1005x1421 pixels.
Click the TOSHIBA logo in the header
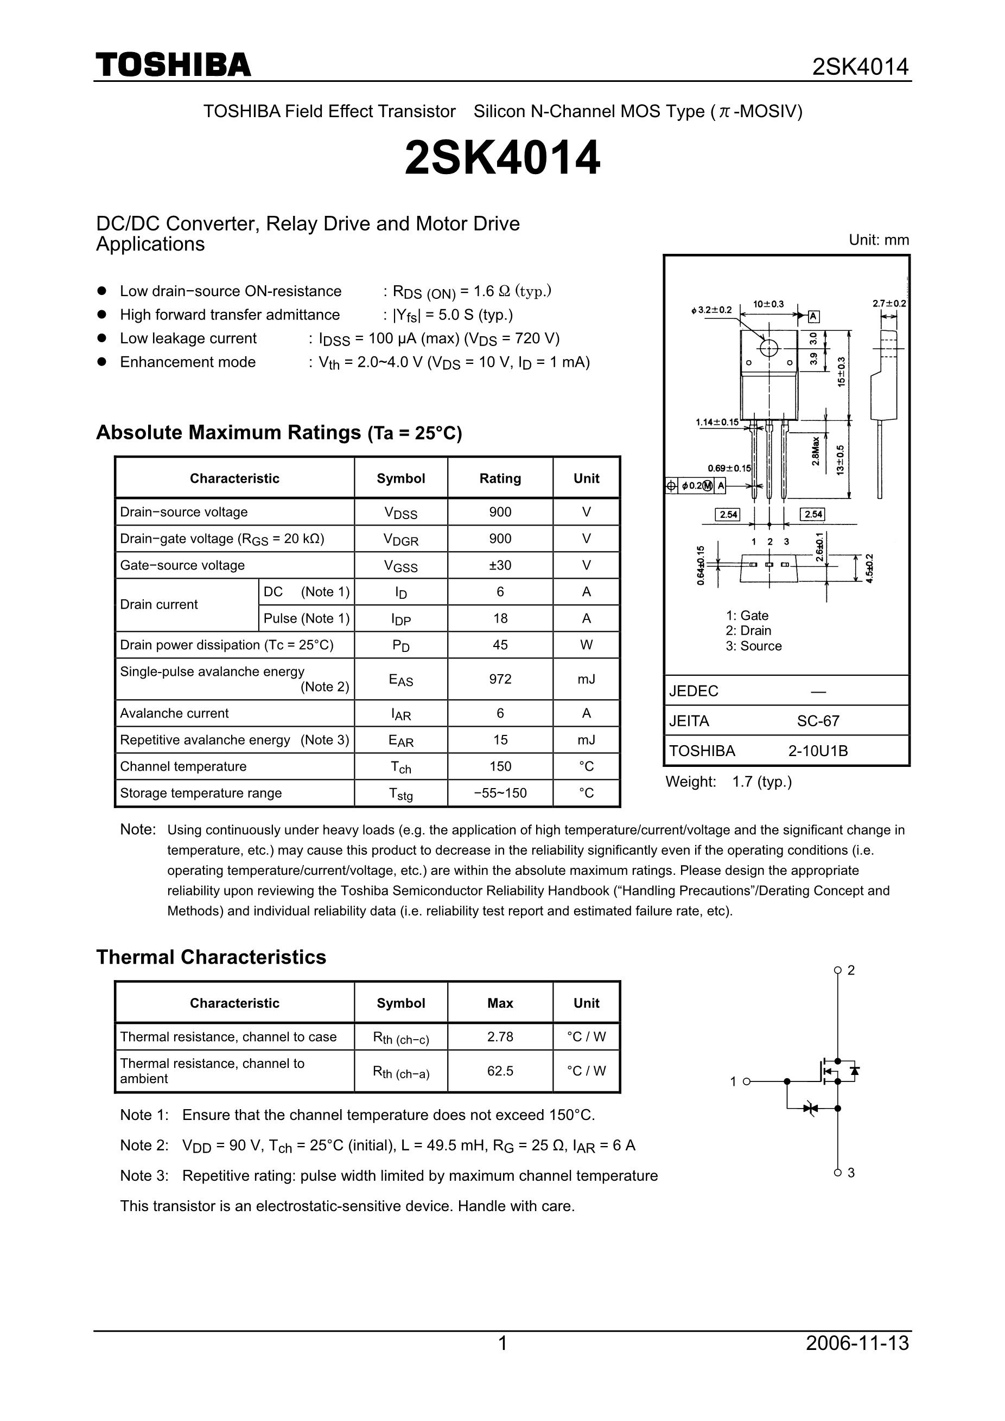coord(174,65)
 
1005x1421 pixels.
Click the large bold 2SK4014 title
coord(502,158)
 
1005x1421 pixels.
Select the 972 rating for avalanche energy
coord(500,679)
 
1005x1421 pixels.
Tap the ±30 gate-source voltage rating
coord(500,565)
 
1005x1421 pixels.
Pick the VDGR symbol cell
coord(400,539)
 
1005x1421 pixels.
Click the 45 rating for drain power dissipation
coord(500,645)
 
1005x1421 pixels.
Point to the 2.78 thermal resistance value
coord(500,1036)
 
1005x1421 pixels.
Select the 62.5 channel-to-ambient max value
coord(500,1071)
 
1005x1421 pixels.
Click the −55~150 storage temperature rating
coord(500,793)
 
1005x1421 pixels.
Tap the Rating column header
coord(500,478)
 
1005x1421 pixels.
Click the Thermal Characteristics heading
coord(211,957)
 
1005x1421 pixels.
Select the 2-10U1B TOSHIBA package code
coord(818,751)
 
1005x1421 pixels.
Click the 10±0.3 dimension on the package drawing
coord(768,304)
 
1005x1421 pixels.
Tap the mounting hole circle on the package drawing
coord(768,348)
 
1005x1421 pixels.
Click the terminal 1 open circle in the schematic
coord(746,1081)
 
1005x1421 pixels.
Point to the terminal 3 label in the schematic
coord(851,1173)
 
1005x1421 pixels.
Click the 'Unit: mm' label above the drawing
coord(879,240)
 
